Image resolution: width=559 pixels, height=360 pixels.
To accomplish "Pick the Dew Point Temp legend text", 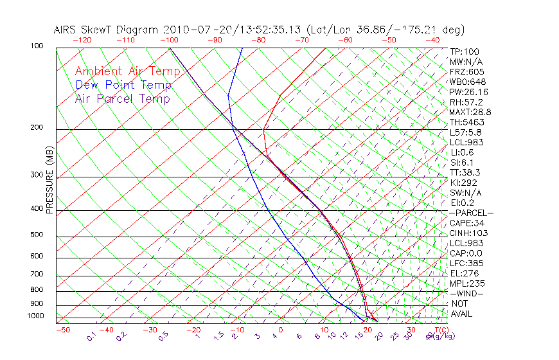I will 123,85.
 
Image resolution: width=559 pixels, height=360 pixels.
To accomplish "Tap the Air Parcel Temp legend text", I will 122,98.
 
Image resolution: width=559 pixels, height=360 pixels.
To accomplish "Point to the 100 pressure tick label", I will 37,46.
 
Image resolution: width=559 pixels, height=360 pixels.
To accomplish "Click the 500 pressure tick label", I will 37,235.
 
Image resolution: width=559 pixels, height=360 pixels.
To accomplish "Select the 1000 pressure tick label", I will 35,316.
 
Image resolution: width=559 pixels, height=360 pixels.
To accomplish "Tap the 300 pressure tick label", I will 37,174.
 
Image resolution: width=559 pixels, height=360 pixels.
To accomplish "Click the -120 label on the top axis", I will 82,40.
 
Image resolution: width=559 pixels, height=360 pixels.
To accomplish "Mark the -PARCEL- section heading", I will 471,213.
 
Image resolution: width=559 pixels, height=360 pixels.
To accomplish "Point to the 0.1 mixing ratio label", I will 91,336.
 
